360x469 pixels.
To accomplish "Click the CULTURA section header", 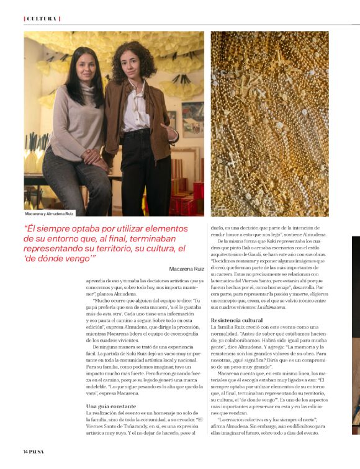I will (42, 19).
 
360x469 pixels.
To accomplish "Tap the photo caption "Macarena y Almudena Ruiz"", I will (50, 213).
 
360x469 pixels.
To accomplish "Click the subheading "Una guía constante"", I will (110, 406).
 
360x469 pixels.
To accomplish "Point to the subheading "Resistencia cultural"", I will (236, 319).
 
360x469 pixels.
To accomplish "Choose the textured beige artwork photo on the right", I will (269, 123).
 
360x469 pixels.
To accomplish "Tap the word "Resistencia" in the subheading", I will (227, 319).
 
